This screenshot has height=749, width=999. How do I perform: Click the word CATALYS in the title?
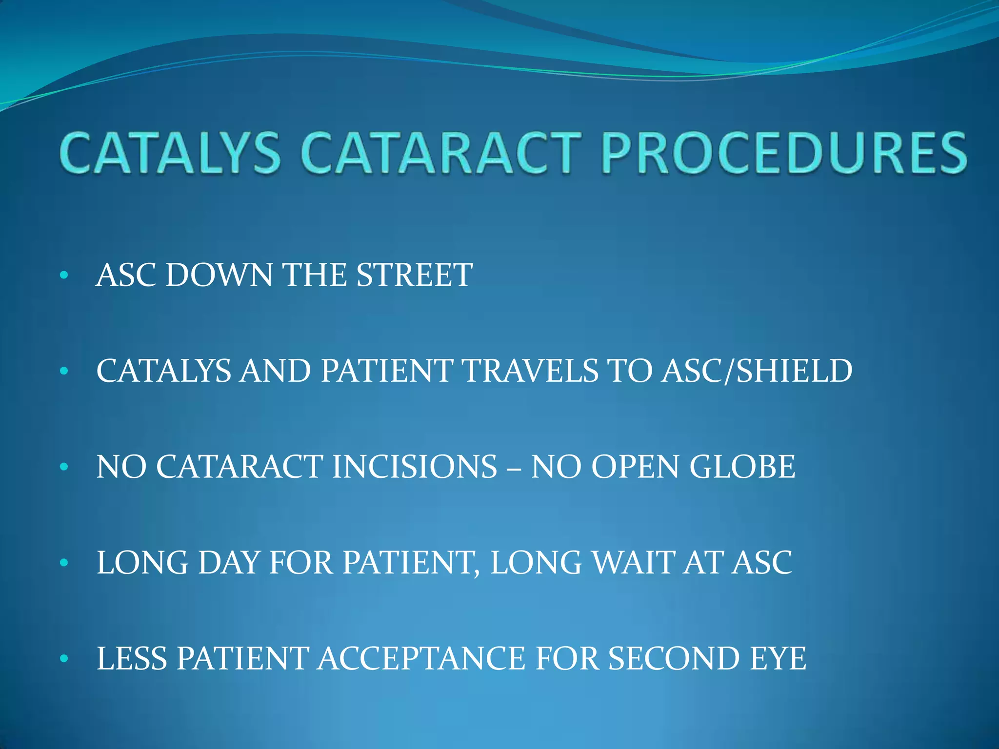[x=171, y=153]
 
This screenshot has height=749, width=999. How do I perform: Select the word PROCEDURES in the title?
[x=783, y=153]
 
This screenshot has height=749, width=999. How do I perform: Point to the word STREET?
[x=414, y=275]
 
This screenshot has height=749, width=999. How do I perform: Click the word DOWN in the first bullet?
[x=219, y=275]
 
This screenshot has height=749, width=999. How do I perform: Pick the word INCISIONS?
[x=414, y=467]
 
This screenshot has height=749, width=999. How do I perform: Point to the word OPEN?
[x=635, y=467]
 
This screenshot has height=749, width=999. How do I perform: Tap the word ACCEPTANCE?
[x=421, y=659]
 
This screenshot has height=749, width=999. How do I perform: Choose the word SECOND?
[x=674, y=659]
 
